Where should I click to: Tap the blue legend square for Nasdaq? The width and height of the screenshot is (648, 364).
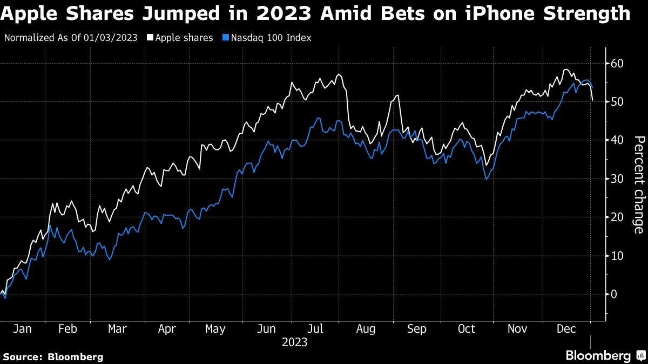click(x=226, y=38)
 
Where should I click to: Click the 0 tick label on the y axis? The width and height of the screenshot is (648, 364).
click(x=614, y=294)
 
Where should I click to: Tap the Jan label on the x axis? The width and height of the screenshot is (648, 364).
click(x=21, y=329)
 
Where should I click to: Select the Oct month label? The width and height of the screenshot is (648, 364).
click(x=466, y=329)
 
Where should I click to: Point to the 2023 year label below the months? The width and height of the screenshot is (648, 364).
click(x=294, y=342)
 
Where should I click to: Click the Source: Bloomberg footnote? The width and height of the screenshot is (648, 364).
click(x=53, y=356)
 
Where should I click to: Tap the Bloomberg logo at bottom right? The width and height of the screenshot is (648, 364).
click(x=604, y=356)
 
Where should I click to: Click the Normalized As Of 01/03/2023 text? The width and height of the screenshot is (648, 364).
click(x=70, y=38)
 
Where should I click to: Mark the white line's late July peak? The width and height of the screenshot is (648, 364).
click(x=339, y=74)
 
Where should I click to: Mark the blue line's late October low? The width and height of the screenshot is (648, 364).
click(x=486, y=178)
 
